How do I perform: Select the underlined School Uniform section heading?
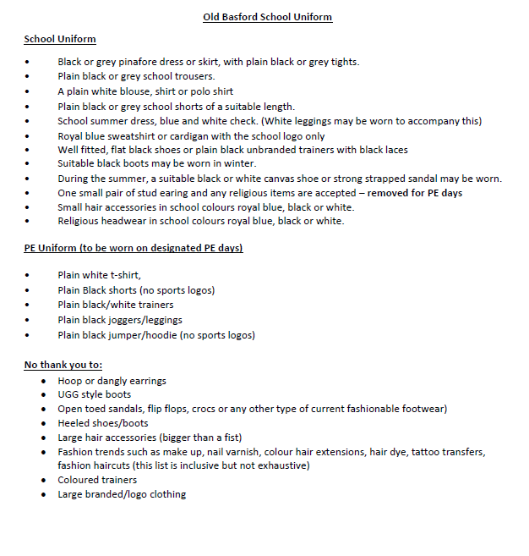click(x=59, y=39)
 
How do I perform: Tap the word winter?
click(x=240, y=163)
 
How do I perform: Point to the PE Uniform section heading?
click(x=134, y=248)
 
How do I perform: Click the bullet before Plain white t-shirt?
click(x=28, y=275)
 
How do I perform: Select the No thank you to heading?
click(x=63, y=365)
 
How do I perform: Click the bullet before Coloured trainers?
click(x=45, y=481)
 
